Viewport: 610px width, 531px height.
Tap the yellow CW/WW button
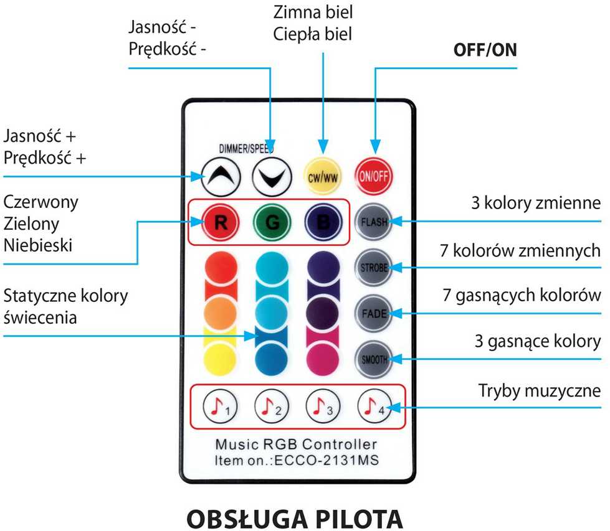click(x=323, y=176)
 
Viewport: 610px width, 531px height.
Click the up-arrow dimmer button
click(x=221, y=177)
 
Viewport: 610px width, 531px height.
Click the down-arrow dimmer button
click(x=272, y=177)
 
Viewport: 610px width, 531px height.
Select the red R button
click(x=221, y=222)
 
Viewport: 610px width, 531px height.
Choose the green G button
click(x=272, y=222)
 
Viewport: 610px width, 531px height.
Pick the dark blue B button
click(x=323, y=222)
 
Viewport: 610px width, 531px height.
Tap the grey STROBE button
click(x=374, y=268)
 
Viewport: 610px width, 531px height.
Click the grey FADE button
click(x=374, y=313)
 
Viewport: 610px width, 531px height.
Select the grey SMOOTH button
click(x=374, y=359)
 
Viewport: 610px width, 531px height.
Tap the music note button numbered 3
click(x=323, y=406)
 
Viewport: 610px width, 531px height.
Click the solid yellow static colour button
click(x=220, y=359)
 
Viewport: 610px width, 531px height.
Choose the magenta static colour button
click(x=323, y=359)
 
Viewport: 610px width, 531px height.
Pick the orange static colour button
click(x=220, y=313)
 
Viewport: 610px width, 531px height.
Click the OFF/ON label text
click(x=485, y=50)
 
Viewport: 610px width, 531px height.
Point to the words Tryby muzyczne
click(x=540, y=391)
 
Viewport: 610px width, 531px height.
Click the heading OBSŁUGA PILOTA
click(x=295, y=519)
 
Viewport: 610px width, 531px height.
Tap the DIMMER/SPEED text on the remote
click(x=246, y=149)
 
